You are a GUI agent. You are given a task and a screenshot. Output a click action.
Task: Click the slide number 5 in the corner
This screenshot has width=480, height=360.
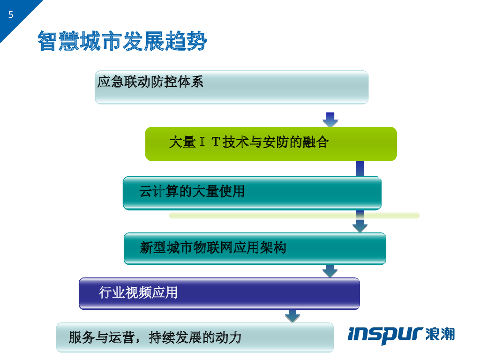click(x=11, y=15)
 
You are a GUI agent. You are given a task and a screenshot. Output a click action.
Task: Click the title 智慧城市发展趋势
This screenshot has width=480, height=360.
click(x=122, y=42)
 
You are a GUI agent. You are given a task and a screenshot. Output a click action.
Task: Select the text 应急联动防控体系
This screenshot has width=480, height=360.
click(x=150, y=82)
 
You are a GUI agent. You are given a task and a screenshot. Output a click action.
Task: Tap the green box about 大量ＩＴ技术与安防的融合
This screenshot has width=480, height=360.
click(x=271, y=144)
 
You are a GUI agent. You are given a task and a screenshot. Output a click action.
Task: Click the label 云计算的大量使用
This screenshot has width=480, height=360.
click(x=192, y=191)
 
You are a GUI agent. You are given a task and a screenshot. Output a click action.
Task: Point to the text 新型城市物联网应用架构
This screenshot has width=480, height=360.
click(x=213, y=247)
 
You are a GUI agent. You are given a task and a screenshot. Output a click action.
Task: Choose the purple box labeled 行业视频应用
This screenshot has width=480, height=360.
click(x=219, y=293)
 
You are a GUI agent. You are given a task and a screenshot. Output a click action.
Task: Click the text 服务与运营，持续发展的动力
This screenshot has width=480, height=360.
click(x=155, y=337)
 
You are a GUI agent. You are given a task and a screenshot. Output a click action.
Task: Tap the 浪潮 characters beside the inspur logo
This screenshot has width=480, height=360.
click(x=441, y=334)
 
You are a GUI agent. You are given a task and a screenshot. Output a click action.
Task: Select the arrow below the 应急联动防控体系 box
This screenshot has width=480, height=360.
click(x=330, y=120)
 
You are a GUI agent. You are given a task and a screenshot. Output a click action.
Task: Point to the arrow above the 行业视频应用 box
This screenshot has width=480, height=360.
click(x=330, y=270)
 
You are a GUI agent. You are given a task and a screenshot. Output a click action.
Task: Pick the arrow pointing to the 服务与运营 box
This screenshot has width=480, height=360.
click(x=292, y=315)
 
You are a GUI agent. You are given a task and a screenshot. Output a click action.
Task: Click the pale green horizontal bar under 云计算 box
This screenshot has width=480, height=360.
click(x=294, y=216)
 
